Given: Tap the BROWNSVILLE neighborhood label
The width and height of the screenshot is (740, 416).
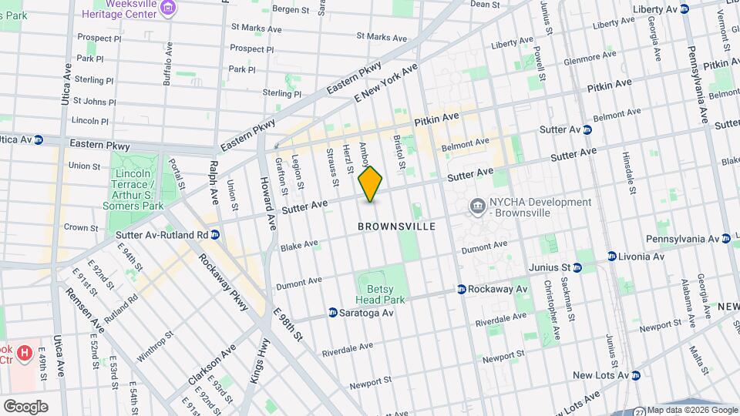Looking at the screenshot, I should pos(397,226).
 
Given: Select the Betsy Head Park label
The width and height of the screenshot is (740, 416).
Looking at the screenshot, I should pos(379,293).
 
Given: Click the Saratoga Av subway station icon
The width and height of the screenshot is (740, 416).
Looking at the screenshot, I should pos(333,313).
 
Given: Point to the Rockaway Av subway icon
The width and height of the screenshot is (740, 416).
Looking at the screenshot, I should pos(461,290).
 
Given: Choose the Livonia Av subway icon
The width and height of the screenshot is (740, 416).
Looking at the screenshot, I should pos(612,256).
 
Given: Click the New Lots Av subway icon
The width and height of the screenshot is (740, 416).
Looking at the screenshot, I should pos(636,376).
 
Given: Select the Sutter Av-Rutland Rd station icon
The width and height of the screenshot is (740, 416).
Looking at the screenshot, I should pos(215,234).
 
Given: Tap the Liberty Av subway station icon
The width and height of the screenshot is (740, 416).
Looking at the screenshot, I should pos(691,8).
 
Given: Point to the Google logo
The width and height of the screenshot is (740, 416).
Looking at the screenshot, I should pos(25,406).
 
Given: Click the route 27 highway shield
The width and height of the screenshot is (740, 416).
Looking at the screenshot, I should pos(640,411).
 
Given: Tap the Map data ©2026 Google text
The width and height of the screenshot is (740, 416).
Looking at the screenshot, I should pos(692,410).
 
